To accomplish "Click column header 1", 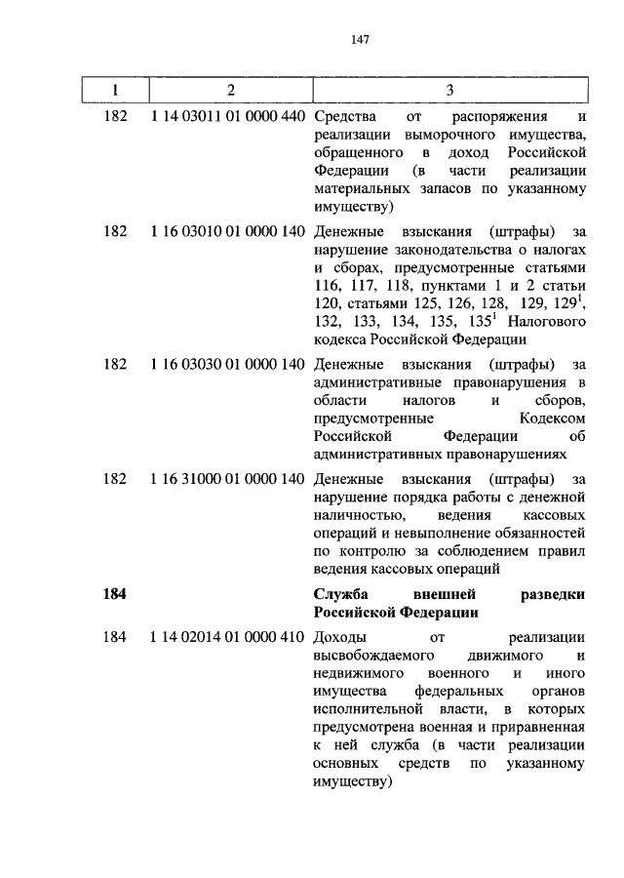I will [x=115, y=91].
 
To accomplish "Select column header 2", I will [x=230, y=91].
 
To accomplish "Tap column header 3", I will [x=449, y=91].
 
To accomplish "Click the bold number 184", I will [x=115, y=595].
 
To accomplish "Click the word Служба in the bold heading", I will [x=340, y=595].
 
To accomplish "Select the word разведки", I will [x=552, y=595].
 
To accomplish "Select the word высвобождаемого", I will [x=370, y=656].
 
